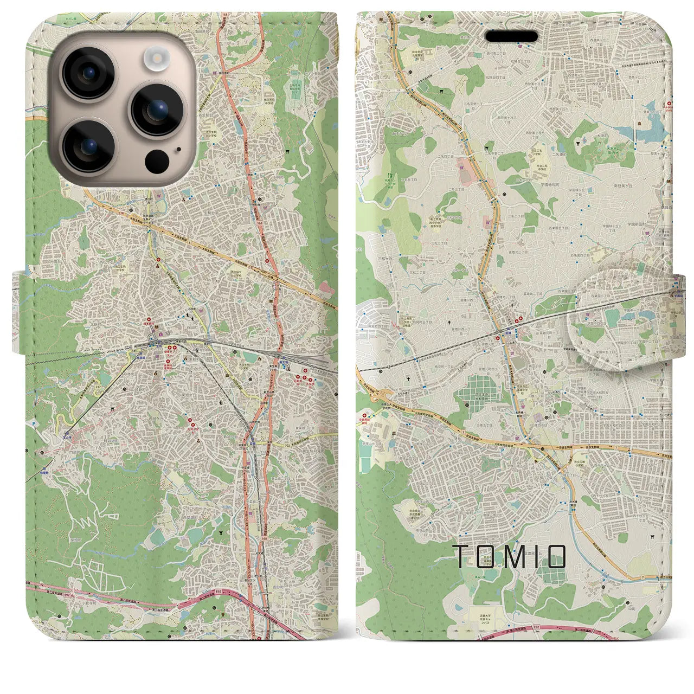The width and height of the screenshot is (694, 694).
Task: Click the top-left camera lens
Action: tap(88, 73)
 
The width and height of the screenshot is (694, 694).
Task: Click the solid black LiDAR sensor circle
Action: tap(157, 160)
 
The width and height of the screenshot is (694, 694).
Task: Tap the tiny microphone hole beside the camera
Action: tap(179, 149)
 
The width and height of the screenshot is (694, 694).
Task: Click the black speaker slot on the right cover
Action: tap(511, 36)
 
